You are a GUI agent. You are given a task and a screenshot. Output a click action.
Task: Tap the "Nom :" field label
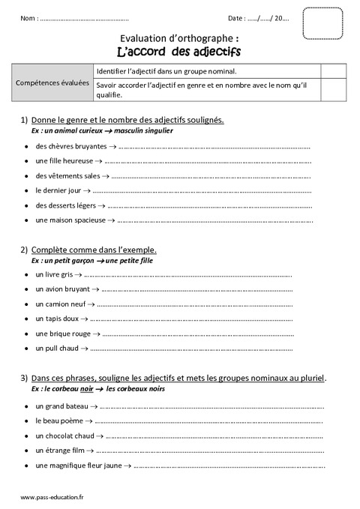28,18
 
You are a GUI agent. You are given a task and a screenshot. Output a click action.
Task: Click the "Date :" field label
236,18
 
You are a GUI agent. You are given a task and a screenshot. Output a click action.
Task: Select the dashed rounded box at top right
322,23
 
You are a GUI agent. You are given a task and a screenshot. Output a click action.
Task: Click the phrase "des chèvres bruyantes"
71,146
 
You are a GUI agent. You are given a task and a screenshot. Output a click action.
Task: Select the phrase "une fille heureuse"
64,161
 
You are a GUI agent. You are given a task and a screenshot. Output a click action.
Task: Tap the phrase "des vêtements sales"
67,175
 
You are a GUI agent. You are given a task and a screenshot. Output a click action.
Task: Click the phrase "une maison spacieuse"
70,220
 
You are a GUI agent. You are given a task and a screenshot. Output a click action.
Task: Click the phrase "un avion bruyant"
62,289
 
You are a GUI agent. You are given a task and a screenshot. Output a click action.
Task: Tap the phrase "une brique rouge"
63,334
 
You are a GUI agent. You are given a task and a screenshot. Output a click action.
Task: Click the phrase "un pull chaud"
57,349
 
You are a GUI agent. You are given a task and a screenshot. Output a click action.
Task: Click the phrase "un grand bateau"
61,406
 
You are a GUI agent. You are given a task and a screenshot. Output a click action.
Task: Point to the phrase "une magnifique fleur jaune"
77,466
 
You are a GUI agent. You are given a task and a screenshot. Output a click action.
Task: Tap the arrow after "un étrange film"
89,451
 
